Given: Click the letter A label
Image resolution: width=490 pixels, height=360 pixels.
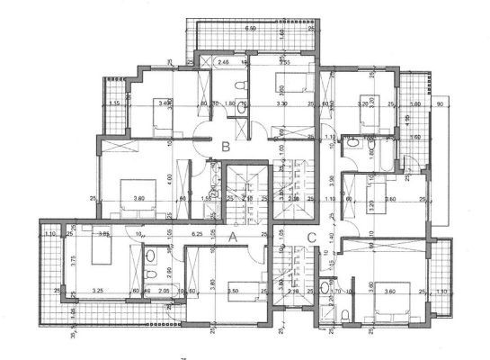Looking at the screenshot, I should [232, 238].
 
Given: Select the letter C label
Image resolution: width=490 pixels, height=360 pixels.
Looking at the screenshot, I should [310, 238].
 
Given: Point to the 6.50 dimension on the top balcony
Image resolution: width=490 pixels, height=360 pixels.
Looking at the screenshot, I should [253, 29].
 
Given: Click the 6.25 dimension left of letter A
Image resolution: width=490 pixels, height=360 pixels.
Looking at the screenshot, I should [198, 234].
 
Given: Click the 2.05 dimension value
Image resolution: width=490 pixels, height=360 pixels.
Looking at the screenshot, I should [164, 291].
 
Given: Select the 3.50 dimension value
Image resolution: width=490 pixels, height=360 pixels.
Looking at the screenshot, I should [232, 291].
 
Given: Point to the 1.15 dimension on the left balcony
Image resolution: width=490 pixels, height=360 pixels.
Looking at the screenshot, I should [114, 104].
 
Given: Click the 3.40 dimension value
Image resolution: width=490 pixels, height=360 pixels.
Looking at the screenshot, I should [165, 104].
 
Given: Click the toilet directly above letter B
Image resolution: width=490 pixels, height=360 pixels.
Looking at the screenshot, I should [240, 85].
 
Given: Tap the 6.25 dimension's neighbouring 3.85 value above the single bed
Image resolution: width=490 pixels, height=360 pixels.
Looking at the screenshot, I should [104, 234].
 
